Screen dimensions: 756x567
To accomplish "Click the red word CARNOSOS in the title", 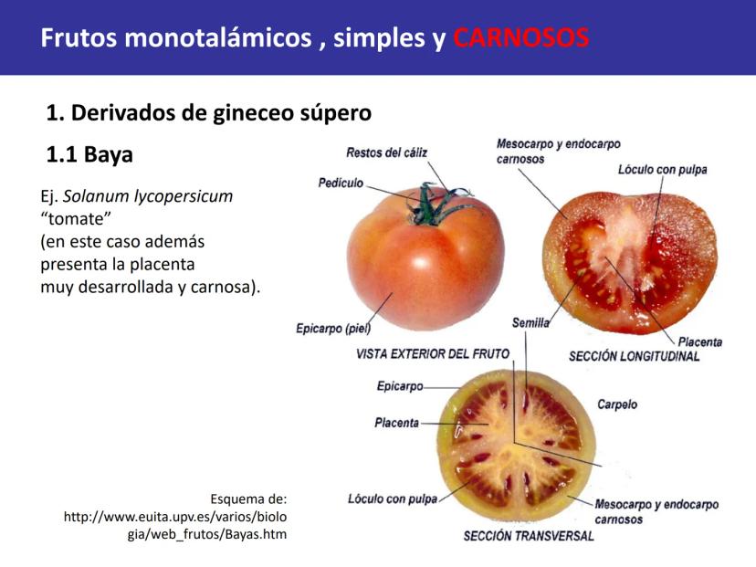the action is (x=521, y=37).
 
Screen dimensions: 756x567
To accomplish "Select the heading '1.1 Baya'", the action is (x=89, y=154).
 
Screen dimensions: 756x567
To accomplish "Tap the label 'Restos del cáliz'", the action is (x=387, y=152).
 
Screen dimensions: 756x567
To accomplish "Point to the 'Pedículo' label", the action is (x=341, y=183).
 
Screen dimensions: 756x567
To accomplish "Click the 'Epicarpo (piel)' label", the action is (x=333, y=329).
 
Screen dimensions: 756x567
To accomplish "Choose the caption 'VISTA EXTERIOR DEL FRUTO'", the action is (x=433, y=354).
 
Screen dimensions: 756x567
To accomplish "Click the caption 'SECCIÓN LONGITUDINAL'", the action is (x=634, y=356).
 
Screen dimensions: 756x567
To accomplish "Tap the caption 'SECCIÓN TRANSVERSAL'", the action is (x=529, y=536).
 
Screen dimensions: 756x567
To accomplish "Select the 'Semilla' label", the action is (x=530, y=322).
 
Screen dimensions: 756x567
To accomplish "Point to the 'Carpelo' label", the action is (x=617, y=404).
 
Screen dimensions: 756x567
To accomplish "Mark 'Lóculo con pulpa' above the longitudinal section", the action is (x=663, y=170).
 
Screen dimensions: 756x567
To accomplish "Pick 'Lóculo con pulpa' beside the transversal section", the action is (x=393, y=499).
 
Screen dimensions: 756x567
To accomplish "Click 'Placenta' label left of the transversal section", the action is (x=397, y=423).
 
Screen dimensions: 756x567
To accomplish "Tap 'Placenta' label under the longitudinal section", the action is (x=700, y=341).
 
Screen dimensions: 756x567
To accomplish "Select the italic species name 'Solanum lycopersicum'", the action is (x=148, y=196).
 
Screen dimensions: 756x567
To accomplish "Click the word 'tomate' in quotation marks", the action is (x=76, y=218).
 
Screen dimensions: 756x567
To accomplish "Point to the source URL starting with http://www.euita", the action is (x=175, y=526).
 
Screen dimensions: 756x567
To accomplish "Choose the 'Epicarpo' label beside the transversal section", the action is (x=400, y=386).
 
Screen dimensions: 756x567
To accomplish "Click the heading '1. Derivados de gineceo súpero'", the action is (x=209, y=113).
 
